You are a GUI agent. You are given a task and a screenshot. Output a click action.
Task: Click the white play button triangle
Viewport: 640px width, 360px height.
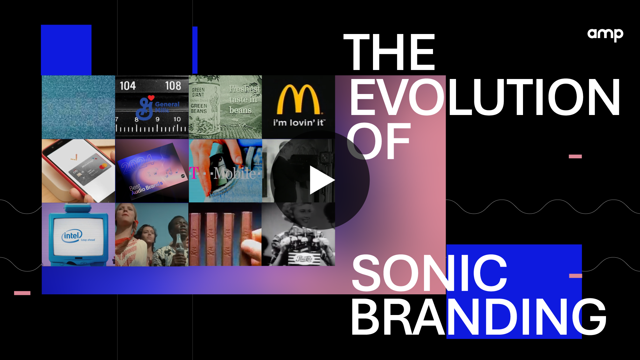tap(321, 180)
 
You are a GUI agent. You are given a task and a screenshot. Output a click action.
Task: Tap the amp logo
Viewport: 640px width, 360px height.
tap(605, 34)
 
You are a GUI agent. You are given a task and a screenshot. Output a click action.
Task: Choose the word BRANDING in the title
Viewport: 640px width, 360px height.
tap(478, 317)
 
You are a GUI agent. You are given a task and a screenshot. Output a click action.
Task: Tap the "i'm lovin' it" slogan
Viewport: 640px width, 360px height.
tap(298, 123)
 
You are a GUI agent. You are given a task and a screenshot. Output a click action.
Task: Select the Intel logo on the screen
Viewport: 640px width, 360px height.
tap(72, 236)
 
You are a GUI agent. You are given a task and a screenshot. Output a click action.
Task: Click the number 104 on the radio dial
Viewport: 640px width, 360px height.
tap(128, 86)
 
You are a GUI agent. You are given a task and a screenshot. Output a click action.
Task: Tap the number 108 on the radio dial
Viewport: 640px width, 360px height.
tap(173, 86)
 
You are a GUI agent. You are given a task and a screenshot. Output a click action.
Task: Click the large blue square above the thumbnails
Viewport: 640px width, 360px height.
tap(66, 50)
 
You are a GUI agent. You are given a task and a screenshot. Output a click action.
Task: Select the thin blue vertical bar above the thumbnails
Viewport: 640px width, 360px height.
tap(195, 50)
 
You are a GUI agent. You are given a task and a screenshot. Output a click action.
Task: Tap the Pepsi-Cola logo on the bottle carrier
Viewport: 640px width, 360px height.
tap(304, 258)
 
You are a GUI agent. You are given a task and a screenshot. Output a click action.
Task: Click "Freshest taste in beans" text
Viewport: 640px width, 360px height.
tap(244, 99)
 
